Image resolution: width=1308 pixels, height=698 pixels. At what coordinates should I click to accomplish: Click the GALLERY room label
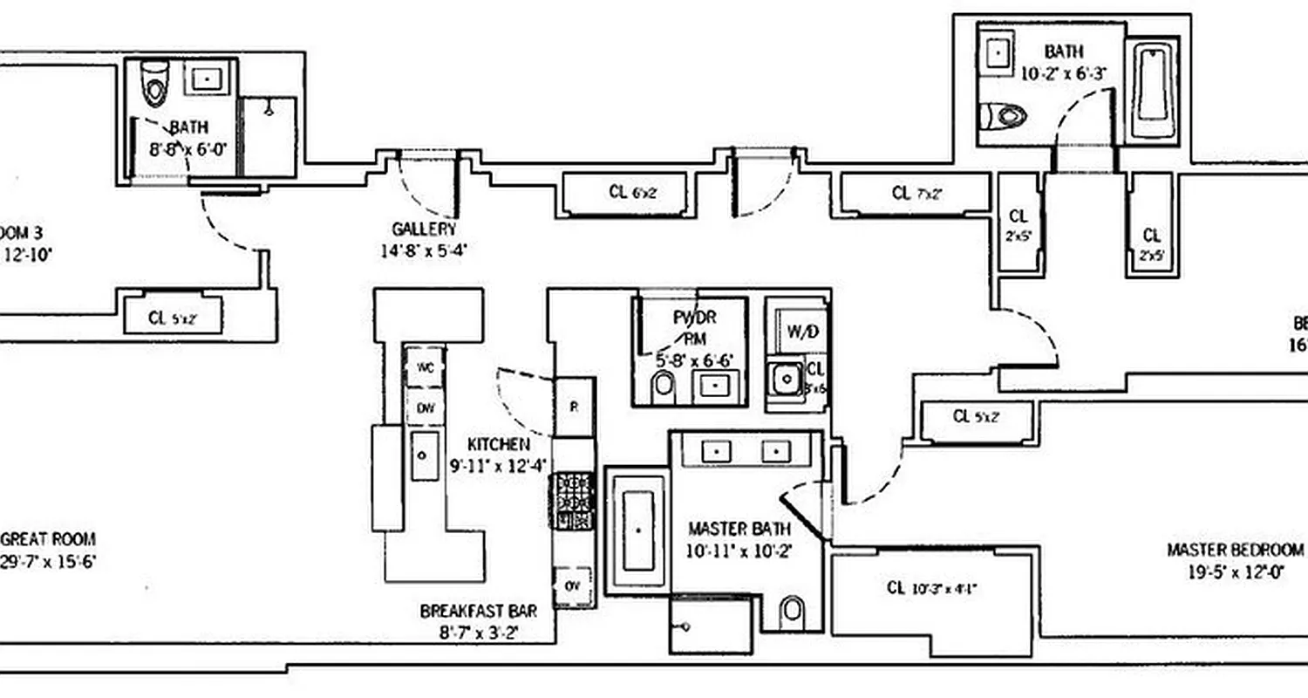pos(424,229)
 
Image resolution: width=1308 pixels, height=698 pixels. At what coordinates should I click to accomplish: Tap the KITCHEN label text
pos(498,443)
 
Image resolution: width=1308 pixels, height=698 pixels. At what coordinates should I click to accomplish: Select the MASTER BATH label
pos(739,529)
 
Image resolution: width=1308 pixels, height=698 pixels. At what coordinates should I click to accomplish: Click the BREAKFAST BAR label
pos(478,611)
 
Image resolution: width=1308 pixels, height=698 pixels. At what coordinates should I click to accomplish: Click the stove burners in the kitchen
pos(575,501)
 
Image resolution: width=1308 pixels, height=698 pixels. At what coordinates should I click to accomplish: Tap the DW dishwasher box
pos(425,407)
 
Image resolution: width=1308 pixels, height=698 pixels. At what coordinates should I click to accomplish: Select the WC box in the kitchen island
pos(425,366)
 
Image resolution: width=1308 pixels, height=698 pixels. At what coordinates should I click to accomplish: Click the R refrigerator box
pos(575,407)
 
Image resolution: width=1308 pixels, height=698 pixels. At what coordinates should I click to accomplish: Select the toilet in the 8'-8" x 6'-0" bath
pos(155,81)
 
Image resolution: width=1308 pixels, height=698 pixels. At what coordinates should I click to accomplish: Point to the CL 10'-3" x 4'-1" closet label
pos(930,588)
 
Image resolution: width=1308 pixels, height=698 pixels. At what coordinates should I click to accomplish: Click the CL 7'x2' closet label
pos(916,193)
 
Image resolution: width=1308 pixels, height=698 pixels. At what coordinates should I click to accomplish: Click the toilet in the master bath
pos(793,611)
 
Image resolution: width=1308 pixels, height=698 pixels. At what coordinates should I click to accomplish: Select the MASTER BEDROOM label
pos(1236,550)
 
